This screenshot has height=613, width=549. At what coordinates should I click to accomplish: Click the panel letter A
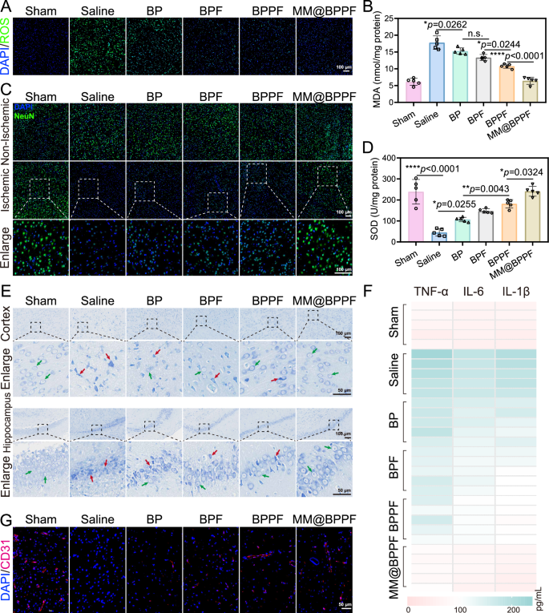pos(6,6)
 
